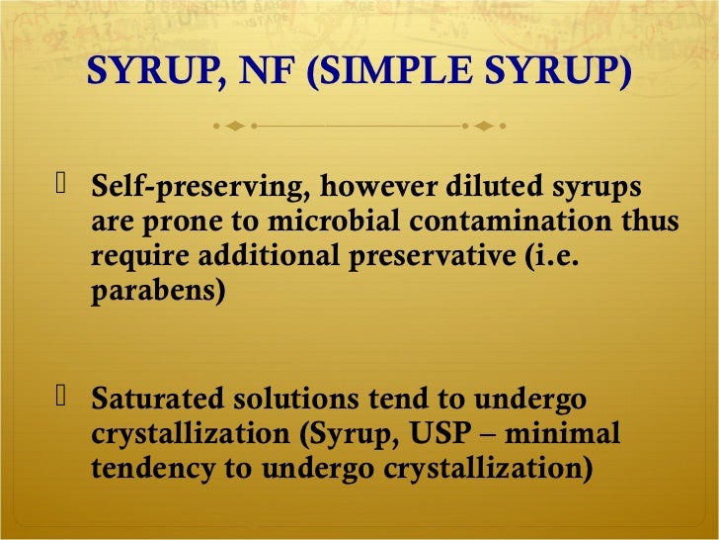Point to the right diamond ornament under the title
(x=484, y=127)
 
